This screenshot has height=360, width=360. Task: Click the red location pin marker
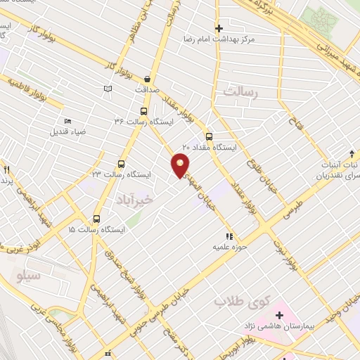click(181, 165)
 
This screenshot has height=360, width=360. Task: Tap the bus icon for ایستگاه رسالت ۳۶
click(144, 111)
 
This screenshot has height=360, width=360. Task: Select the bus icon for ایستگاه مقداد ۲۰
click(208, 136)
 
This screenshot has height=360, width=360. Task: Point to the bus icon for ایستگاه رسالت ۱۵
click(97, 219)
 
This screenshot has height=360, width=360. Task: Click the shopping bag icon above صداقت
click(146, 79)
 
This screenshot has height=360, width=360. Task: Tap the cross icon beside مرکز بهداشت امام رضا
click(219, 29)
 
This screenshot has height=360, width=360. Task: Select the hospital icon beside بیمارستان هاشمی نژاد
click(279, 314)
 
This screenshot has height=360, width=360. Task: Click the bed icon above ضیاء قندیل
click(67, 121)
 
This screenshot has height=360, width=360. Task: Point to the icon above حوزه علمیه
click(229, 236)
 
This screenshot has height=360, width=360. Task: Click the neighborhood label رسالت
click(241, 92)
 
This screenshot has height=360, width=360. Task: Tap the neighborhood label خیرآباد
click(134, 194)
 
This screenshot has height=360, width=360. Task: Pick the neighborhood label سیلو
click(30, 274)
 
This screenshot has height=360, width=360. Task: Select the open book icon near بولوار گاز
click(108, 88)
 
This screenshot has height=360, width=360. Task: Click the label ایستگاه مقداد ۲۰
click(210, 147)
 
